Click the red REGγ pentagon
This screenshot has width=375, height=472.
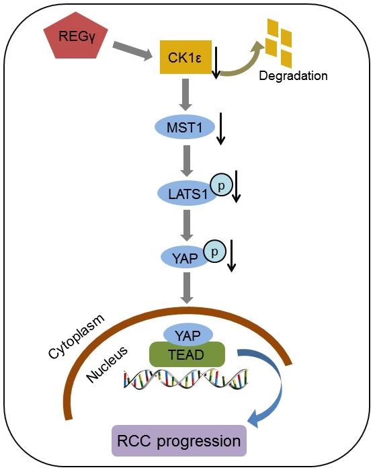[76, 36]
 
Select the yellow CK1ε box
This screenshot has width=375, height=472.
[185, 57]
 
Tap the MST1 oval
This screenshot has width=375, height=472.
[185, 127]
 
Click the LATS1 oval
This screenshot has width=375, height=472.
[187, 194]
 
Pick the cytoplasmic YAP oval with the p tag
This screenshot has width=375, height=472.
[185, 258]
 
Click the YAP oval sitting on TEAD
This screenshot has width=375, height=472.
[187, 335]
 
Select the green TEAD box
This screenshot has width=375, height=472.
[187, 354]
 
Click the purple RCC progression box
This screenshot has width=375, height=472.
[179, 440]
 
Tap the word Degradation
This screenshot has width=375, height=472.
[293, 76]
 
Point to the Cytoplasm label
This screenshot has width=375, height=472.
[77, 337]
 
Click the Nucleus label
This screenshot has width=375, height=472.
[107, 364]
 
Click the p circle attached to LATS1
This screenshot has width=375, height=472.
[222, 186]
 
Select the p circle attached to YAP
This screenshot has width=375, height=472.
[214, 251]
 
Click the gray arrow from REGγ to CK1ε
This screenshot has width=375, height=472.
[132, 51]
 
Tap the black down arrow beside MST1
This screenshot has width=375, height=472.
[221, 129]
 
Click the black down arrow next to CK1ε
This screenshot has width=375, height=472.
[216, 63]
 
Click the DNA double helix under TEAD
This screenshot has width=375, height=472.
[186, 379]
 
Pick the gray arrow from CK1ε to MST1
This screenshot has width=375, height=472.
[185, 95]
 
